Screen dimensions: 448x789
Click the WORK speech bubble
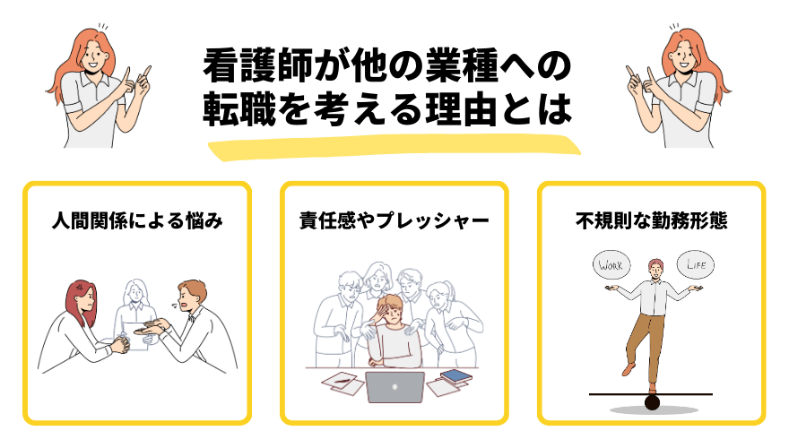point(610,266)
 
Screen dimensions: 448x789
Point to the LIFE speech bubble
point(696,266)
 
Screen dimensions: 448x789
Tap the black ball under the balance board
point(652,402)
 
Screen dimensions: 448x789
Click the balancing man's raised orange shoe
point(628,369)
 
